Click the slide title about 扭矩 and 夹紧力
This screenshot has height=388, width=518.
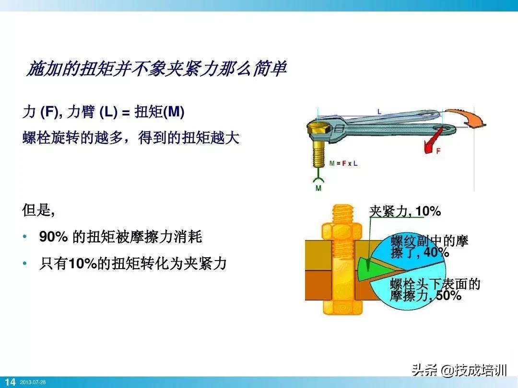[x=156, y=69]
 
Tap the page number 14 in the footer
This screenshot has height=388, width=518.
[x=10, y=382]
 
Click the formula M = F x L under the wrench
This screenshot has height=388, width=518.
[x=343, y=163]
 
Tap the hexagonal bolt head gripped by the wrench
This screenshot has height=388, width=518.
[x=318, y=129]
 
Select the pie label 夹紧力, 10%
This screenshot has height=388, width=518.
[x=405, y=211]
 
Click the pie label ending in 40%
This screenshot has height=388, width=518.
[x=429, y=246]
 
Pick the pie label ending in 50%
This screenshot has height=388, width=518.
[x=435, y=290]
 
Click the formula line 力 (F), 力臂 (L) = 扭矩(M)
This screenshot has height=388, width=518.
[x=104, y=113]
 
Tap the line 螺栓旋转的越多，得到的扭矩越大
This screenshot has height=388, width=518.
[x=131, y=138]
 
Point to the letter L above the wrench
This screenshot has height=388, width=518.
[x=379, y=112]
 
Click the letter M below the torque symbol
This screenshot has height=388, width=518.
[x=318, y=188]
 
